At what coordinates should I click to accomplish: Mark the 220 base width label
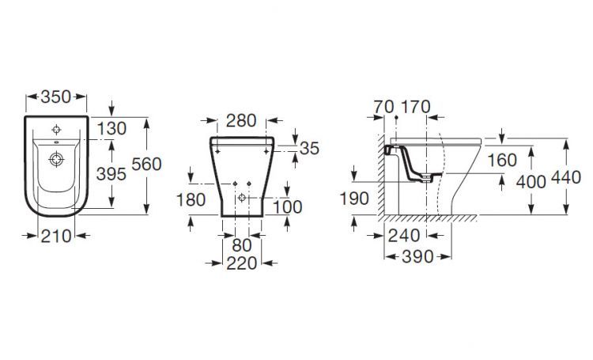(242, 263)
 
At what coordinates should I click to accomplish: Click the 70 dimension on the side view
(385, 106)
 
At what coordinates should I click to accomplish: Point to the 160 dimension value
(502, 160)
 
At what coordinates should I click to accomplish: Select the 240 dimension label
(403, 235)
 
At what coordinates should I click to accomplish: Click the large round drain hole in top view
(57, 159)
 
